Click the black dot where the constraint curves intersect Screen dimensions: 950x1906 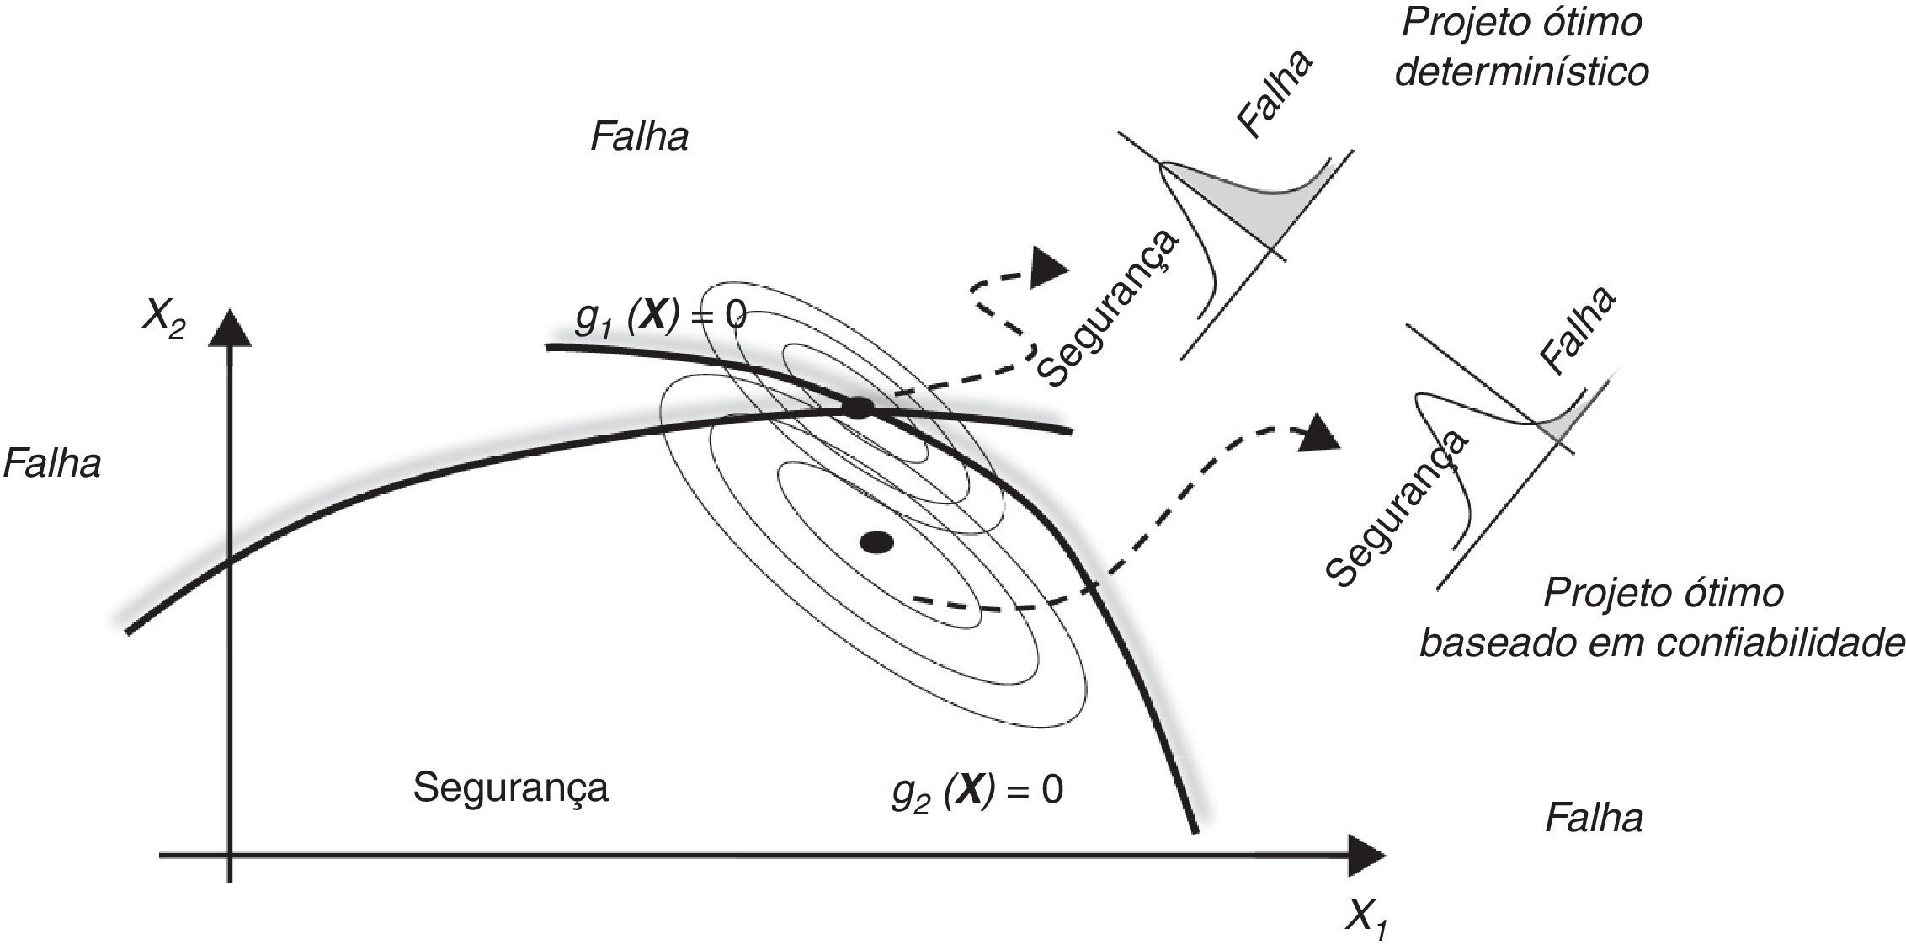click(857, 408)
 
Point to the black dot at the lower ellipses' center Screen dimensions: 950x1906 click(876, 542)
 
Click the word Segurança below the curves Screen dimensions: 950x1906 click(510, 788)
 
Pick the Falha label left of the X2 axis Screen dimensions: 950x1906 click(52, 464)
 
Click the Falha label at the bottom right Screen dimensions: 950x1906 click(1594, 818)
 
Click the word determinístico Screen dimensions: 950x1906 click(1521, 72)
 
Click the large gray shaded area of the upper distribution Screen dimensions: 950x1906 click(1246, 198)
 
